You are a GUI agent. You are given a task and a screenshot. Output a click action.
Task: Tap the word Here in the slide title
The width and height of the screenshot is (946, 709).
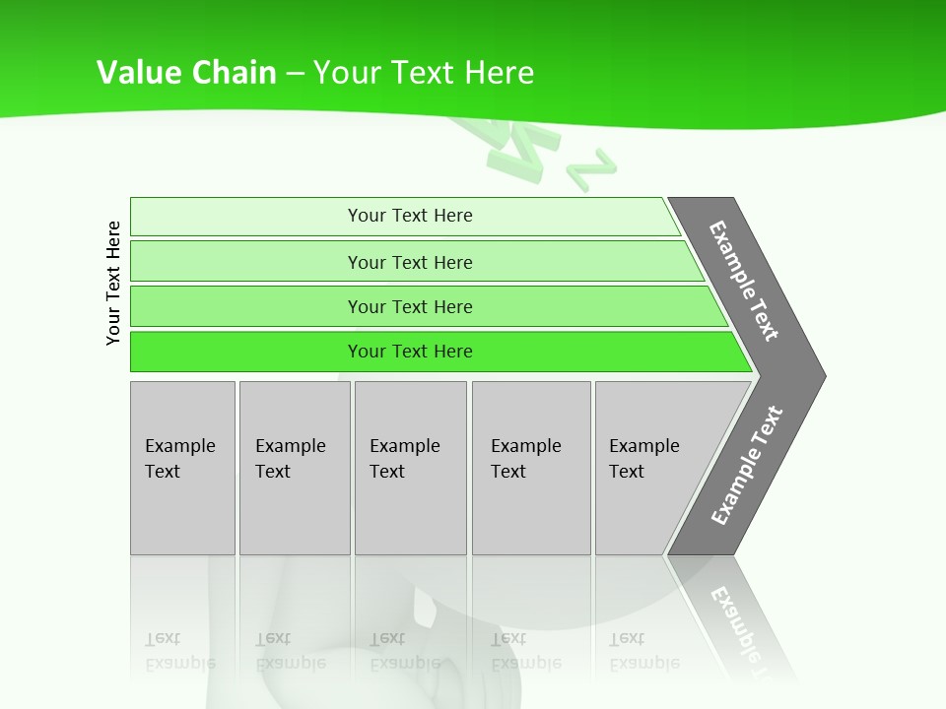[x=499, y=72]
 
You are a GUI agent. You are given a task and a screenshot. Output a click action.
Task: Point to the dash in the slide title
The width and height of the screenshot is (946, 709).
[x=295, y=73]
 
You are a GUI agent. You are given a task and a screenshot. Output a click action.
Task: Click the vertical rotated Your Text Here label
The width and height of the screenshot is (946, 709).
[x=113, y=283]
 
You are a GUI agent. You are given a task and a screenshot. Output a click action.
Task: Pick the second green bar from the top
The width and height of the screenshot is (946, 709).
[x=409, y=262]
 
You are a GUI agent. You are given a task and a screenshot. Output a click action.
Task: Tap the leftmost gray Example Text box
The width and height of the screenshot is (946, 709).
[x=182, y=468]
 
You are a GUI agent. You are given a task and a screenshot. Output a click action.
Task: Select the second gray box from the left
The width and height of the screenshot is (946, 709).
[x=294, y=468]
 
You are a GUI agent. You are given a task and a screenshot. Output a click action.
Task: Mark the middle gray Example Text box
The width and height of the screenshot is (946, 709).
[x=410, y=468]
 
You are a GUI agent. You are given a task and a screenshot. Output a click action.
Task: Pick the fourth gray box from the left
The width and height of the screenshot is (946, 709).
[x=530, y=468]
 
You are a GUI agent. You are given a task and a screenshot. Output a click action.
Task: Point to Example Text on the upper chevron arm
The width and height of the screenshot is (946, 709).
[x=744, y=281]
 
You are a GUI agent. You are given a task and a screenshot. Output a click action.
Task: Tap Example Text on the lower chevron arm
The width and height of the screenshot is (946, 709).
[x=747, y=465]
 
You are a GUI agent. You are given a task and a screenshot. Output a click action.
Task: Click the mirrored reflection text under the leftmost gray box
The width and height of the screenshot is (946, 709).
[x=179, y=651]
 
